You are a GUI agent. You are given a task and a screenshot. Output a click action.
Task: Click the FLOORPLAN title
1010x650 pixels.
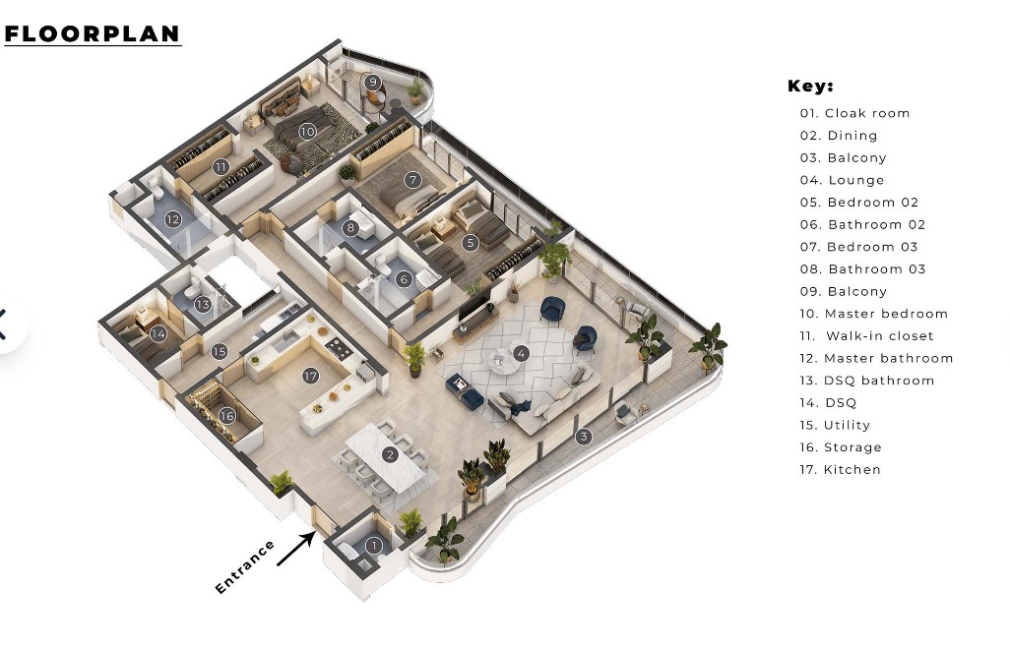(93, 33)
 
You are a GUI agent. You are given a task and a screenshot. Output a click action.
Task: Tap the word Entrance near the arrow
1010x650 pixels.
(245, 567)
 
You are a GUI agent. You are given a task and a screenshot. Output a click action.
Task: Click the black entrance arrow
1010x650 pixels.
(295, 548)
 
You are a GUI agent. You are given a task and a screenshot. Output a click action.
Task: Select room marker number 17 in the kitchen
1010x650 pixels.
(311, 376)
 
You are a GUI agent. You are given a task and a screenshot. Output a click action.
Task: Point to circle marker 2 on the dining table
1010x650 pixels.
(391, 454)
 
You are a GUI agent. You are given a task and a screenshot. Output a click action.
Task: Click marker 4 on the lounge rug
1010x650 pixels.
(521, 353)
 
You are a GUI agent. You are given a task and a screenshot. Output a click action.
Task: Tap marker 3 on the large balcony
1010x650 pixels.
(584, 436)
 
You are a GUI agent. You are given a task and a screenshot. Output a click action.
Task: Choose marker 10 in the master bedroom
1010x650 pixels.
(307, 131)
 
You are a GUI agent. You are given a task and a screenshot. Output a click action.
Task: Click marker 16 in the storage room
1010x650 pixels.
(227, 416)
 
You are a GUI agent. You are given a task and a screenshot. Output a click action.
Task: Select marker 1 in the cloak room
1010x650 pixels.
(373, 546)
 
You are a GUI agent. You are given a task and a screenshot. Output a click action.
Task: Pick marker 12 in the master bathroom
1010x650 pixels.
(173, 219)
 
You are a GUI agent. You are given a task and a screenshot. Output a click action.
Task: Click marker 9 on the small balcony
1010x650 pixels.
(372, 82)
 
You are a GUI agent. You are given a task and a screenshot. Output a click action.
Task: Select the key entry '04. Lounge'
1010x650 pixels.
(843, 180)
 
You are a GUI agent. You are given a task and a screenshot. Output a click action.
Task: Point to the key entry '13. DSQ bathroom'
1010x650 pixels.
(867, 381)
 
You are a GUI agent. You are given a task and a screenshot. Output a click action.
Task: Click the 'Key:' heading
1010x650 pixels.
(810, 87)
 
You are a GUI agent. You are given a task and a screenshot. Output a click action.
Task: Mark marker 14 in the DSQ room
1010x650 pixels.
(158, 333)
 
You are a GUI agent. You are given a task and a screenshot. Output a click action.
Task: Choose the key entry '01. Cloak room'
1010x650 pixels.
(855, 113)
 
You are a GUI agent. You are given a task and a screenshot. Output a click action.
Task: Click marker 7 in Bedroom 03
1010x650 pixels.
(412, 180)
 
